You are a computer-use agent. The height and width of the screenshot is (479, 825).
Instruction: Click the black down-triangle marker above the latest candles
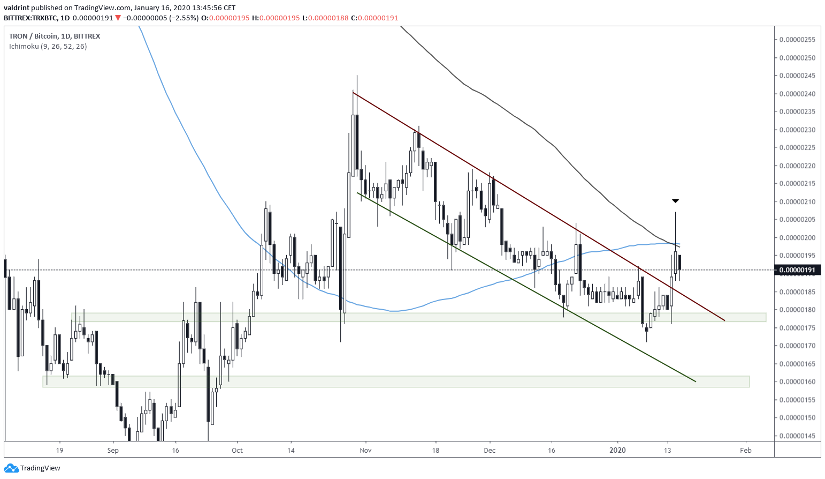[x=675, y=201]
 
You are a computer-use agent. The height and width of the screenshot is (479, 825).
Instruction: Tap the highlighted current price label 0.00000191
[x=797, y=270]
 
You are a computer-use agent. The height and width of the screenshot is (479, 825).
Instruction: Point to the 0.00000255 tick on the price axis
[x=797, y=40]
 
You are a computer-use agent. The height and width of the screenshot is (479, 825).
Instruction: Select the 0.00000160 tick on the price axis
[x=797, y=382]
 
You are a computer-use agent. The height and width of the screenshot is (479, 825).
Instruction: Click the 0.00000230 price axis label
[x=797, y=130]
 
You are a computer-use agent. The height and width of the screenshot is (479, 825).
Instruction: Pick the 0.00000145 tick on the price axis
[x=797, y=436]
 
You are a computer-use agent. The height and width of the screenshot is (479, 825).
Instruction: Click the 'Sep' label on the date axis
[x=113, y=451]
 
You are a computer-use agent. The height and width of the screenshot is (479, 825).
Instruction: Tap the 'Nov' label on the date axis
[x=365, y=451]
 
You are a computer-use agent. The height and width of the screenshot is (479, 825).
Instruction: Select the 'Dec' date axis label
[x=490, y=451]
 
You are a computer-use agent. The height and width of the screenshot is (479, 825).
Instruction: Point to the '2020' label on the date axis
[x=617, y=451]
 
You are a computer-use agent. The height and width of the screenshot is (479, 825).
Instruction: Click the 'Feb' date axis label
[x=746, y=451]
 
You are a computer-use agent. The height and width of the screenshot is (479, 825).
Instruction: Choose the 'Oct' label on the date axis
[x=237, y=451]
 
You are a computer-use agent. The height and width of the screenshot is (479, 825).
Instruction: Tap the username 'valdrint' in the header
[x=17, y=8]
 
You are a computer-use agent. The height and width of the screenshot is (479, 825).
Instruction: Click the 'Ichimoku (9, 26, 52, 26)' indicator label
[x=48, y=47]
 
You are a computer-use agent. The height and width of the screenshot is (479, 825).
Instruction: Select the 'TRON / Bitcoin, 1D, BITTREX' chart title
[x=55, y=36]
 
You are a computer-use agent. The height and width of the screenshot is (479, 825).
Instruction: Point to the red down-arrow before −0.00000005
[x=118, y=18]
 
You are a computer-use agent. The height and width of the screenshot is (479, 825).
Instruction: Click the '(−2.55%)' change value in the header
[x=184, y=18]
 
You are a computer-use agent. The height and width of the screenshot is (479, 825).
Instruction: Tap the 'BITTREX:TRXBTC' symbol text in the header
[x=30, y=18]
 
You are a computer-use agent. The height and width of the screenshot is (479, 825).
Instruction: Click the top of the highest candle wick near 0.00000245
[x=356, y=76]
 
